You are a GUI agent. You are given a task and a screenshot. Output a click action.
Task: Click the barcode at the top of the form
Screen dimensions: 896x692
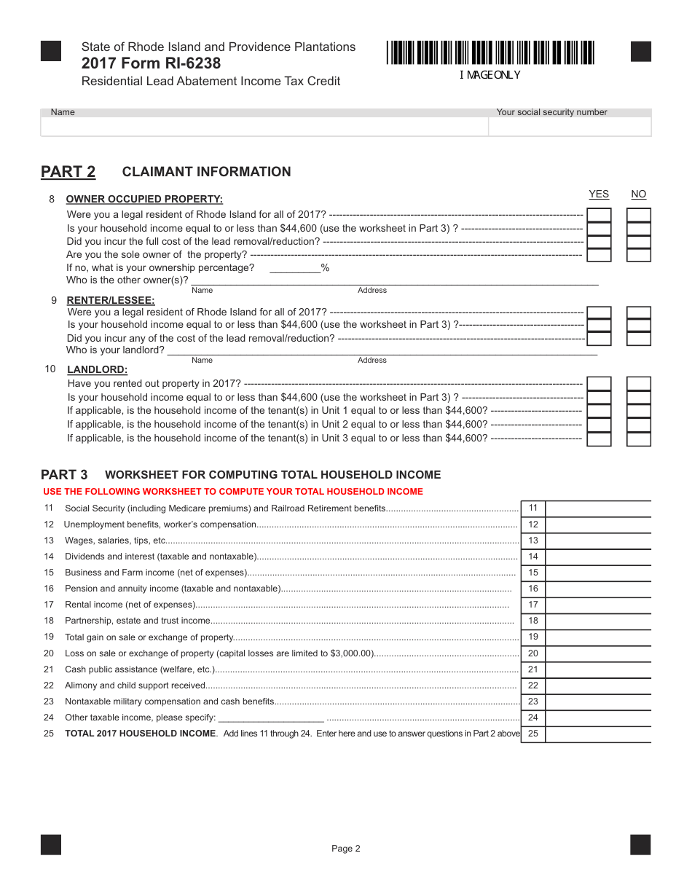(490, 53)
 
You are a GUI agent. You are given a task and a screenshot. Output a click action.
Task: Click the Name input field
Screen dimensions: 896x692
(264, 127)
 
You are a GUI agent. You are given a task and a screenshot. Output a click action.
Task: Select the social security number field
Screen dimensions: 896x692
(569, 127)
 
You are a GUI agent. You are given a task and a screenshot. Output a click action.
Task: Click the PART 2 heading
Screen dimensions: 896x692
(68, 172)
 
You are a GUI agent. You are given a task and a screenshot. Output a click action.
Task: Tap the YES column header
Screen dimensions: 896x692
(598, 194)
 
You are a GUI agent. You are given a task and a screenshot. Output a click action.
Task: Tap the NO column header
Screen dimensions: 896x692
(638, 194)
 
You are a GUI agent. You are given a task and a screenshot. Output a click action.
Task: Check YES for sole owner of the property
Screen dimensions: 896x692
(599, 255)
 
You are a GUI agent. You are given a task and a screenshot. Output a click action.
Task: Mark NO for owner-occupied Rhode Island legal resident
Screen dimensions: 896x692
(638, 215)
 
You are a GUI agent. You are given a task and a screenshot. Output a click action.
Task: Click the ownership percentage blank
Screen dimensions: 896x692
(295, 268)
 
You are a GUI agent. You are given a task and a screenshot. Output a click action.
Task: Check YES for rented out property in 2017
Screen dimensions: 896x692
(599, 384)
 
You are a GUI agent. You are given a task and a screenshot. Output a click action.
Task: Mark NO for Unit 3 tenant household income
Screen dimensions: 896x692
(638, 439)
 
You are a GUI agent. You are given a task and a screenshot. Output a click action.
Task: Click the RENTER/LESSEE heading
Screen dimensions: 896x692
(111, 300)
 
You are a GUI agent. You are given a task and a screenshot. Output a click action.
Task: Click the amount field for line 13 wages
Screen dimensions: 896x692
(597, 541)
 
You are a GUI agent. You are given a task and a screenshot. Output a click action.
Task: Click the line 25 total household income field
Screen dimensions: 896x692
(597, 734)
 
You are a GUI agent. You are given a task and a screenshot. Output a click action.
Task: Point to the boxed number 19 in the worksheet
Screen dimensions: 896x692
(532, 637)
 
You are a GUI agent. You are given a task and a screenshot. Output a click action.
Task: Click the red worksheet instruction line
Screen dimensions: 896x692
(233, 492)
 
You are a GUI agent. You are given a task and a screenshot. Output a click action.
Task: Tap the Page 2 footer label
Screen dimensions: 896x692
(346, 848)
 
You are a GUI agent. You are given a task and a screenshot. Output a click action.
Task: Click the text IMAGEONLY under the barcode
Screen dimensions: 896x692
(489, 75)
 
